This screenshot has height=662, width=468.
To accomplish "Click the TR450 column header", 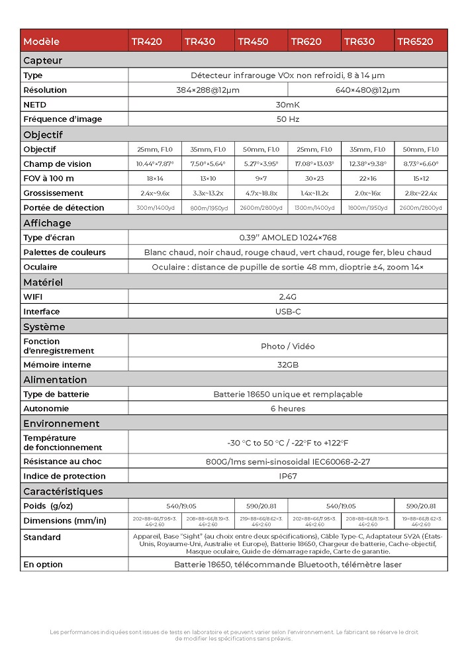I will click(x=253, y=41).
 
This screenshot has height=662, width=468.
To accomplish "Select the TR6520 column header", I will click(x=415, y=41).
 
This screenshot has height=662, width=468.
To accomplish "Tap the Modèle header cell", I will click(x=41, y=41).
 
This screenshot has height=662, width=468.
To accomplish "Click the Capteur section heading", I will click(x=42, y=60).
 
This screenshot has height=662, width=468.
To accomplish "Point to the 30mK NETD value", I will click(x=288, y=105).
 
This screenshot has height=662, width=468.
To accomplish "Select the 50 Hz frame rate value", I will click(x=288, y=119).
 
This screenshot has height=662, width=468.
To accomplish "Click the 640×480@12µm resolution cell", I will click(x=367, y=90).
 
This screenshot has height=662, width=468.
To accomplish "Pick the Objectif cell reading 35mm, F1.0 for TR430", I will click(x=208, y=150).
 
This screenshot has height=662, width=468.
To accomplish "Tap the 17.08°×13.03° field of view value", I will click(x=314, y=164).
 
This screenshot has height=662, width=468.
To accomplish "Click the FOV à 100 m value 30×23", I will click(x=314, y=179).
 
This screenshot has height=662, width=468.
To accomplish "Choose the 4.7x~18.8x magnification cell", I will click(x=261, y=193).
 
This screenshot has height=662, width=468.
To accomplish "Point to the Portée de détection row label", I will click(x=64, y=208).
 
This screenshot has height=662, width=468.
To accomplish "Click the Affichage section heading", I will click(x=47, y=223).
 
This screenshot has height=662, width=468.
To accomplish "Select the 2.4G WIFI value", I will click(x=288, y=297).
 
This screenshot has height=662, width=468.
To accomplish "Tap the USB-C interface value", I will click(x=288, y=312).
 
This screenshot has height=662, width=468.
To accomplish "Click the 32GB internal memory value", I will click(x=288, y=365).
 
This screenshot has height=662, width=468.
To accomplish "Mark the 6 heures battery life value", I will click(x=288, y=409).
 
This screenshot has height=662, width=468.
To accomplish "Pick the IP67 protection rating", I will click(x=288, y=476).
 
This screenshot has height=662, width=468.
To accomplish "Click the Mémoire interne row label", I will click(x=57, y=365).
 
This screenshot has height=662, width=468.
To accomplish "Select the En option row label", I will click(x=43, y=565).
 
